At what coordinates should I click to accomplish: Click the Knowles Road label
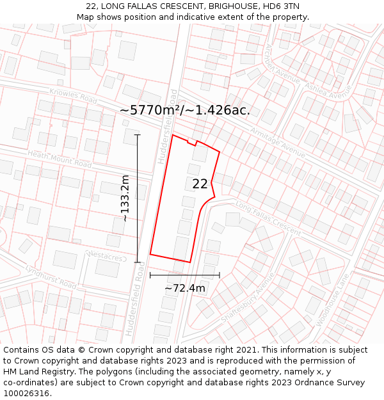point(74,97)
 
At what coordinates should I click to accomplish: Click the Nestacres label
point(106,257)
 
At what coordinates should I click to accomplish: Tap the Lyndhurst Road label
point(51,276)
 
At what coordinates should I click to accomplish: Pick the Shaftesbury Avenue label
point(246,299)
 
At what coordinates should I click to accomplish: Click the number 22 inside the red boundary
point(200,184)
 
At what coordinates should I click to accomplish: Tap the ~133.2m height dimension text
point(125,198)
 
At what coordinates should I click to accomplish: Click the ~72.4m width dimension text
point(185,288)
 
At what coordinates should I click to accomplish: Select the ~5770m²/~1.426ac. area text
point(185,110)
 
